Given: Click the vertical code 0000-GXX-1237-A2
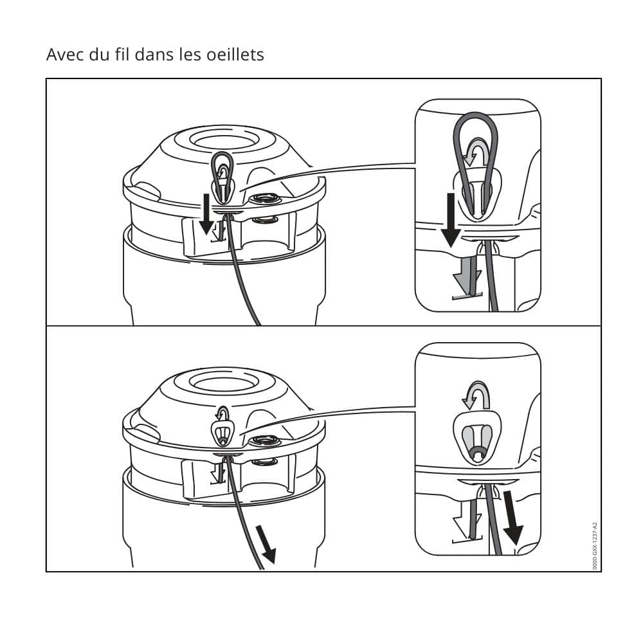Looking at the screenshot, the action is [x=595, y=546].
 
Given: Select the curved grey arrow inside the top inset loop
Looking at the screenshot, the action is [x=476, y=152].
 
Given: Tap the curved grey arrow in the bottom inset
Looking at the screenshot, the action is [x=476, y=395].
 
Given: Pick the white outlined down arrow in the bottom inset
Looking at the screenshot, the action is [x=464, y=519].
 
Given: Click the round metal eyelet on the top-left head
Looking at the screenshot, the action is [x=267, y=200].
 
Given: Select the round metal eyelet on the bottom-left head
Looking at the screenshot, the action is [x=267, y=442].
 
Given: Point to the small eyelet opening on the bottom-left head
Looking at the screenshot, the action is [x=222, y=433].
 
